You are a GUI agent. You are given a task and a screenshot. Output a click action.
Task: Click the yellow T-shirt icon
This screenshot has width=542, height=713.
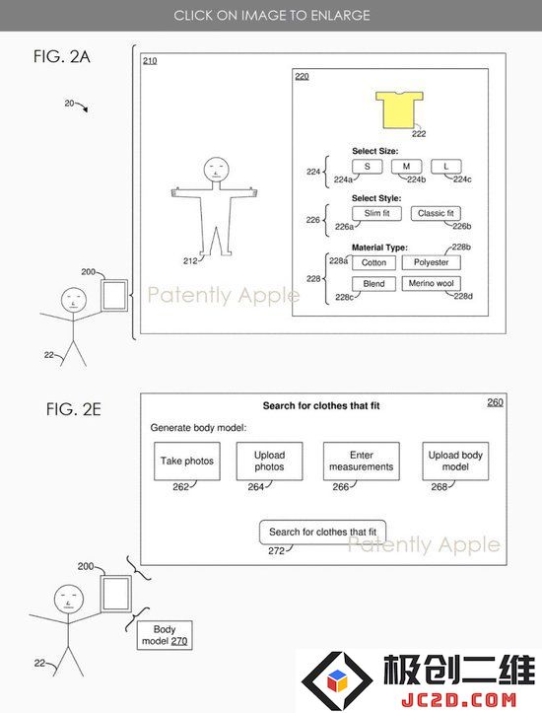(399, 109)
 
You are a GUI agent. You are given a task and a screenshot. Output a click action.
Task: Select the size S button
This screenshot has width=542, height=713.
(367, 167)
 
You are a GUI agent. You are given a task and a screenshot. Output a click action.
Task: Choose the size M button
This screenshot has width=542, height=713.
(406, 167)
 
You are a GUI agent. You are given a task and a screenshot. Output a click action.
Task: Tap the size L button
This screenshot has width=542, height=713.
(445, 167)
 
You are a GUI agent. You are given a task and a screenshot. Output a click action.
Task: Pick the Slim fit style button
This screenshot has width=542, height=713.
(376, 213)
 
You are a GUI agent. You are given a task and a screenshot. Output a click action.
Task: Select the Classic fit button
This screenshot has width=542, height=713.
(436, 213)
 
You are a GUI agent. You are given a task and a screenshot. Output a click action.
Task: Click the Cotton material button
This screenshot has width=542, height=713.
(373, 262)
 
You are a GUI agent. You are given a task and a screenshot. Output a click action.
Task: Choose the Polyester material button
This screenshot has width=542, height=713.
(431, 262)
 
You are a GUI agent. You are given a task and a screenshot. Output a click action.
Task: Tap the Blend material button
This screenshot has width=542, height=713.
(373, 284)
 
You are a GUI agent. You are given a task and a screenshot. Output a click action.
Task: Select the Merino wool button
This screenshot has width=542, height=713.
(431, 284)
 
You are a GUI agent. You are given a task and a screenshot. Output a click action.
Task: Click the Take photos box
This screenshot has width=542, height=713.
(186, 462)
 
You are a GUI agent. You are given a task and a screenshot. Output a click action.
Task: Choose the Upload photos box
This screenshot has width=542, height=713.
(269, 462)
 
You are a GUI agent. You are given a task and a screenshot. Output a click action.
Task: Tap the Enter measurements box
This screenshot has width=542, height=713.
(362, 462)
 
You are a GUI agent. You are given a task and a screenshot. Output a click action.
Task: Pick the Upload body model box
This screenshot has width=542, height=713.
(455, 462)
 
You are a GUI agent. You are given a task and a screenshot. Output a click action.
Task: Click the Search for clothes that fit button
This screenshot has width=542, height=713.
(322, 532)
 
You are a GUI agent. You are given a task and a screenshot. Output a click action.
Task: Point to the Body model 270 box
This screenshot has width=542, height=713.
(165, 635)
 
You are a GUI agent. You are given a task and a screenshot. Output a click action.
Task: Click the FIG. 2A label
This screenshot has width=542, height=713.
(62, 57)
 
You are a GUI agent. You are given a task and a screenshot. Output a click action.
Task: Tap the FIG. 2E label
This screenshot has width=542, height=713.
(73, 409)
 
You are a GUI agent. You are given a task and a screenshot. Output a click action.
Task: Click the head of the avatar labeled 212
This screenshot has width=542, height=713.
(216, 170)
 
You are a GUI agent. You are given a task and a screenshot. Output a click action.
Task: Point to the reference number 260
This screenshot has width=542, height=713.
(495, 402)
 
